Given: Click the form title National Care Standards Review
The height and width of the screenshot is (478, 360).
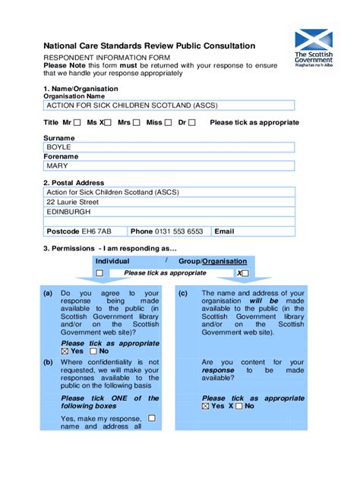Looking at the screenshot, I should pos(149,46).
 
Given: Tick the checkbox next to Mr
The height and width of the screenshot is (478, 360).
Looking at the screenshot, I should pos(77,123).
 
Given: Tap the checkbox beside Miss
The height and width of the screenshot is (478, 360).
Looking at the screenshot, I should pos(168,123).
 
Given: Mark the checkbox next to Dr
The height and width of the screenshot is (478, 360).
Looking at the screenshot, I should pos(192,123).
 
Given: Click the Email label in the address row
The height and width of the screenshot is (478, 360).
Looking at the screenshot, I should pos(225,231).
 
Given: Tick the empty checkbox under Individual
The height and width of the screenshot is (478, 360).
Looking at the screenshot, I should pos(99,273).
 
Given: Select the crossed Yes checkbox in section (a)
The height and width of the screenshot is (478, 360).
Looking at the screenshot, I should pos(65,351).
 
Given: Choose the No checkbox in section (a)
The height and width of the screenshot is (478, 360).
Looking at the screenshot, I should pos(93,351).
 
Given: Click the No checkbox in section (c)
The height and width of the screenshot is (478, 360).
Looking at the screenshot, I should pos(238,406).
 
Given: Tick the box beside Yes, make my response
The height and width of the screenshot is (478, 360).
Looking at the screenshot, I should pos(152,417).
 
